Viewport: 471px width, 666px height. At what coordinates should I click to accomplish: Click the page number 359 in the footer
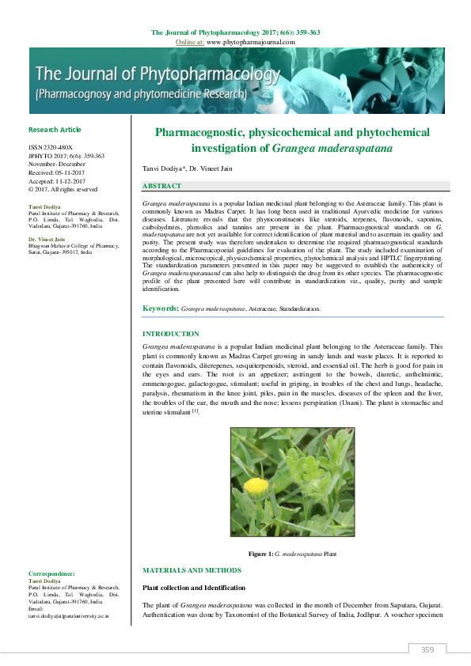[x=427, y=650]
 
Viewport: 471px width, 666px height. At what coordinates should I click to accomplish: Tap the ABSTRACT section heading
[x=162, y=186]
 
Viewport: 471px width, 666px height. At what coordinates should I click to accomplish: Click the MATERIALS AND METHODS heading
[x=192, y=570]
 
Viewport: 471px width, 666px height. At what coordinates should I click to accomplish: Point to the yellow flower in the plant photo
[x=256, y=484]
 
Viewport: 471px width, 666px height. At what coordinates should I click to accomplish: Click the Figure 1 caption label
[x=260, y=554]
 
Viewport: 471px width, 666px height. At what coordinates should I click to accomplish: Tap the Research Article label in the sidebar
[x=55, y=130]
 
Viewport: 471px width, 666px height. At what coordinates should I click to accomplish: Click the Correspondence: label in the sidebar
[x=51, y=573]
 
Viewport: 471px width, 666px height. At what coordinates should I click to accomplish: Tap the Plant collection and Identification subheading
[x=195, y=588]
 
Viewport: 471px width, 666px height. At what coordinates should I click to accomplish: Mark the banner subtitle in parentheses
[x=142, y=93]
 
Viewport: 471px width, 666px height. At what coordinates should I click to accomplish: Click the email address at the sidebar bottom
[x=68, y=615]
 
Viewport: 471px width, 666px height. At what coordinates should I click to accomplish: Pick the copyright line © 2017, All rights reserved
[x=63, y=190]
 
